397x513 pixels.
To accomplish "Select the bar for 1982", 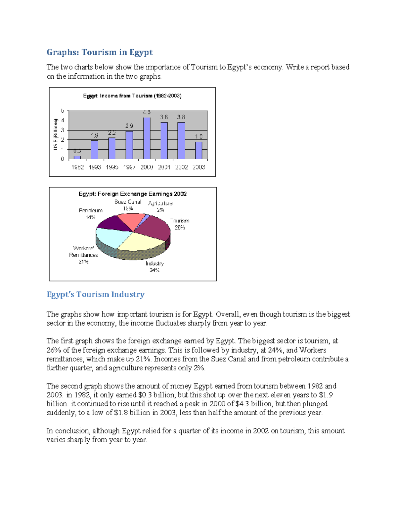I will pos(77,158).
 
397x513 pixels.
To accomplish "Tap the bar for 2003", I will pos(198,150).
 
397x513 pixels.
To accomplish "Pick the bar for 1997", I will pos(129,145).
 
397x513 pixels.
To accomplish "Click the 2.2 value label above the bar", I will pos(112,133).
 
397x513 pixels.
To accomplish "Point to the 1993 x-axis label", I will pos(95,167).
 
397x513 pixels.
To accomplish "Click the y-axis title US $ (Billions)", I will pos(56,134).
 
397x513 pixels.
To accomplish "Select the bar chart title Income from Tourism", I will pos(132,96).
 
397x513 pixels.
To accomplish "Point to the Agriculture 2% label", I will pos(160,206).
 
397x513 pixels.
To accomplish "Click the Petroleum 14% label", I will pos(91,214).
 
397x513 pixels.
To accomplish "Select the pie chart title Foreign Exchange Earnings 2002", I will pos(132,194).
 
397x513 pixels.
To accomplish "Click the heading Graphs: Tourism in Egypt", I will pos(100,52).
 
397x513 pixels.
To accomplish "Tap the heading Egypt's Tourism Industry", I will pos(96,294).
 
